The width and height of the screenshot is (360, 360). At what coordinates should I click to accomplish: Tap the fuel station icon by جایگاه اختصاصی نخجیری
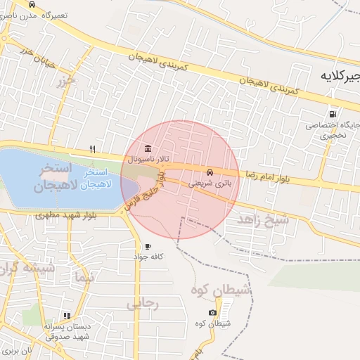pyautogui.click(x=332, y=114)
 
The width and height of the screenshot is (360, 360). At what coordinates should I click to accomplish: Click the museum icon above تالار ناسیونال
pyautogui.click(x=147, y=149)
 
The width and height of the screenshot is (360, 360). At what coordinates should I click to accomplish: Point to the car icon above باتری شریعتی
pyautogui.click(x=210, y=172)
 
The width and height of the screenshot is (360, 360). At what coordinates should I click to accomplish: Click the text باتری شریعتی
pyautogui.click(x=208, y=183)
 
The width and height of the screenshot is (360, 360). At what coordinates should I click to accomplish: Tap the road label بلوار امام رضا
pyautogui.click(x=268, y=174)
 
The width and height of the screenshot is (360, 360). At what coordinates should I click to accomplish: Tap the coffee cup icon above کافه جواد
pyautogui.click(x=148, y=246)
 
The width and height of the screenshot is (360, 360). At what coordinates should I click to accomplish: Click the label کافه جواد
pyautogui.click(x=148, y=257)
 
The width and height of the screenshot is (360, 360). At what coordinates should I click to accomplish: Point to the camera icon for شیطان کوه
pyautogui.click(x=212, y=312)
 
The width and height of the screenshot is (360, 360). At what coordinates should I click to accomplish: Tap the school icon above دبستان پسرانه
pyautogui.click(x=67, y=316)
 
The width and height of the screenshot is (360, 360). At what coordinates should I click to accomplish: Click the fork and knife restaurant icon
pyautogui.click(x=92, y=149)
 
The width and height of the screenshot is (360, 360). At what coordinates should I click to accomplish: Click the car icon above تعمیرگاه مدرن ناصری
pyautogui.click(x=32, y=4)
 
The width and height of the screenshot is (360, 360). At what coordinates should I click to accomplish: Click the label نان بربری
pyautogui.click(x=18, y=349)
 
